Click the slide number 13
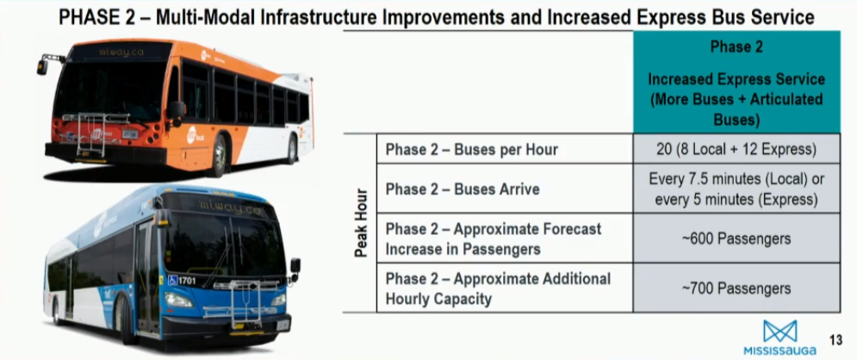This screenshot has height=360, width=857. (x=835, y=341)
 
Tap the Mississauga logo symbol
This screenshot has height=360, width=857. (x=780, y=331)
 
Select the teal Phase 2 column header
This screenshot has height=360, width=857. (x=736, y=82)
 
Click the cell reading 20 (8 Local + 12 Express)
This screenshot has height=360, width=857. (x=736, y=149)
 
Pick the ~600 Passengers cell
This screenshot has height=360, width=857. (x=736, y=239)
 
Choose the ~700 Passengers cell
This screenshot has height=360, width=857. (x=736, y=288)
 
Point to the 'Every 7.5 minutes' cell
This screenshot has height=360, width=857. (x=736, y=189)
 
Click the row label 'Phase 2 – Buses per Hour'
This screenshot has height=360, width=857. (x=472, y=150)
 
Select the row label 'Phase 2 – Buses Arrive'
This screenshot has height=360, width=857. (x=463, y=189)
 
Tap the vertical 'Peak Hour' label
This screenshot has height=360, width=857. (x=360, y=223)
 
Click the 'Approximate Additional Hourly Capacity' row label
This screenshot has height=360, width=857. (x=498, y=289)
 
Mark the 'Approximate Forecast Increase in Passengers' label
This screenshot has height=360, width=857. (x=493, y=239)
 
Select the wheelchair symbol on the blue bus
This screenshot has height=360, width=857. (x=173, y=281)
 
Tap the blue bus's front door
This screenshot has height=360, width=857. (x=147, y=277)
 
